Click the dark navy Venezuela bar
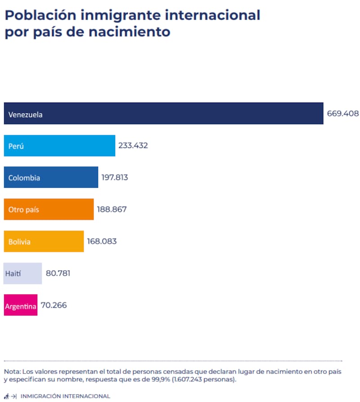(163, 113)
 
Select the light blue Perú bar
(59, 146)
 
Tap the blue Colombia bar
(51, 177)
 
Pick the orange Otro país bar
(49, 209)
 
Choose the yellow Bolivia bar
(44, 241)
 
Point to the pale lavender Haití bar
(22, 273)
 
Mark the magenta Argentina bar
(21, 305)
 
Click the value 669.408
(342, 114)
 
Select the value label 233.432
(133, 146)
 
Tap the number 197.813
(114, 177)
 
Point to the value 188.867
(112, 209)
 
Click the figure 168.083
(102, 241)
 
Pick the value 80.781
(58, 273)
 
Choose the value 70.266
(54, 305)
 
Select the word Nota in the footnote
(12, 372)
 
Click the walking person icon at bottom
(6, 396)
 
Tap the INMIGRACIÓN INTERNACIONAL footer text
(65, 396)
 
